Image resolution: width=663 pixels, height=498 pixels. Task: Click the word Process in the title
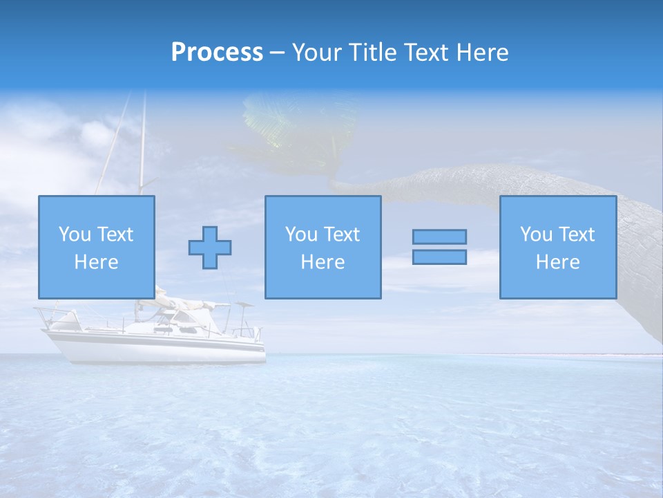(x=217, y=53)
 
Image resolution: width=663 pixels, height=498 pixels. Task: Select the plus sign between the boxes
(x=210, y=248)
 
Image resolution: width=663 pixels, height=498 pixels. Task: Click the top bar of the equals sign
(x=439, y=237)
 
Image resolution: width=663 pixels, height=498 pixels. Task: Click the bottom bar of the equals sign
(x=439, y=257)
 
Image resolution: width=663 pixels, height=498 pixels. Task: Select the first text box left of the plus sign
(x=96, y=248)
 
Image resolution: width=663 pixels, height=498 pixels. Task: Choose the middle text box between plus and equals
(x=323, y=248)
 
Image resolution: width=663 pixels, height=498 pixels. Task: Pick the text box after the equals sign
(x=557, y=248)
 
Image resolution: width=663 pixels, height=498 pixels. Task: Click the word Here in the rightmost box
(x=557, y=262)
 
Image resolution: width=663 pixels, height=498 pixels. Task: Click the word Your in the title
(x=316, y=53)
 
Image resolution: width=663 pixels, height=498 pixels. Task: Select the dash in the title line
(x=278, y=53)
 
